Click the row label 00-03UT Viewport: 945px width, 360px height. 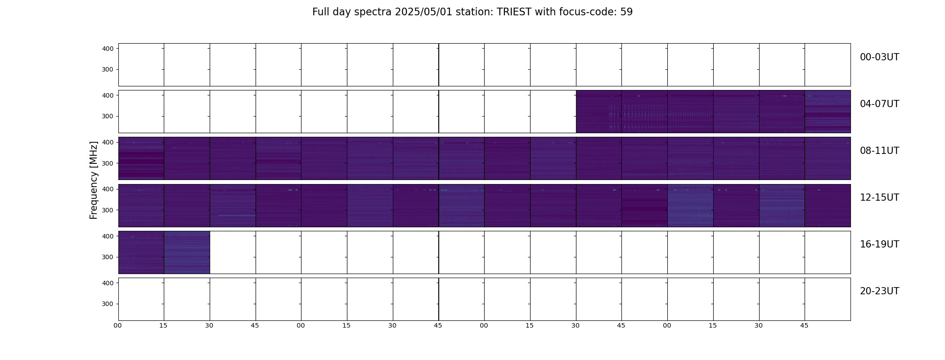pos(879,57)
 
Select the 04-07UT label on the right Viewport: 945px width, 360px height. pos(879,104)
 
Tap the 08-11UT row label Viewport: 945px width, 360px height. pos(879,151)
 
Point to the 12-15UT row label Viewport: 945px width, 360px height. pos(879,198)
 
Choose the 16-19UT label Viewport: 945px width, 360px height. pos(879,244)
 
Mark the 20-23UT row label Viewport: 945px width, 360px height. pos(879,291)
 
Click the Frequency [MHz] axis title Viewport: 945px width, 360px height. pos(94,180)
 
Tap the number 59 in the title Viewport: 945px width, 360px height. pos(626,12)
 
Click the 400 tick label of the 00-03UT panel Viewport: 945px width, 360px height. pos(108,49)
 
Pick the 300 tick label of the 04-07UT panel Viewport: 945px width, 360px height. pos(108,116)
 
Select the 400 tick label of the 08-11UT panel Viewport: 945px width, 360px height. pos(108,142)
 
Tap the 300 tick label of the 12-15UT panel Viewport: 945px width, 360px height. pos(108,210)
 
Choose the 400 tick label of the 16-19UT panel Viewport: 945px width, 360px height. pos(108,236)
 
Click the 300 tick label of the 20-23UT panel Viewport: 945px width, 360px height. pos(108,304)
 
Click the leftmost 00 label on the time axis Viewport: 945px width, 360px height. pos(118,325)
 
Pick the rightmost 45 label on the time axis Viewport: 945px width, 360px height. pos(804,325)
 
